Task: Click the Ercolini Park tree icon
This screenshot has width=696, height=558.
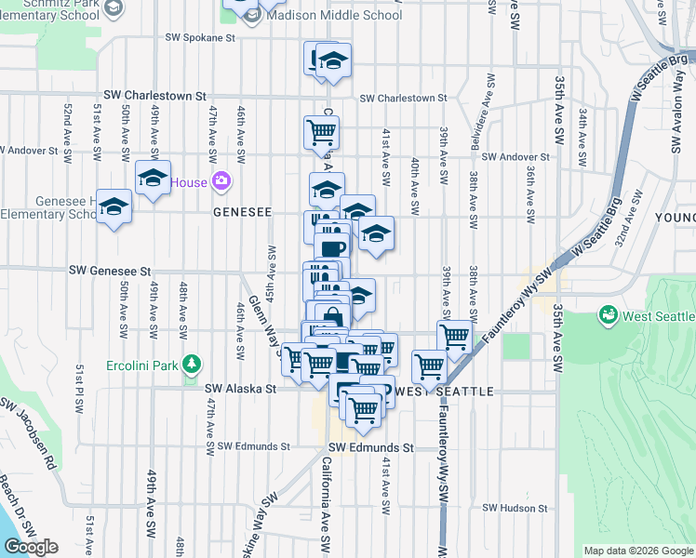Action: pyautogui.click(x=192, y=363)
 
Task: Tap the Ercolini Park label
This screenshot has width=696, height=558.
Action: pyautogui.click(x=143, y=363)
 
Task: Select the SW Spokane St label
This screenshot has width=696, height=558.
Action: pyautogui.click(x=200, y=38)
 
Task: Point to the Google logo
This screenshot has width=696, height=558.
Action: pyautogui.click(x=31, y=547)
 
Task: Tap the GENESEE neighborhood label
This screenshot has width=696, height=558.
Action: pyautogui.click(x=242, y=212)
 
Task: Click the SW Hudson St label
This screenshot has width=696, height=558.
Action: pyautogui.click(x=515, y=509)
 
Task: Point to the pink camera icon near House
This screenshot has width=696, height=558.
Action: pyautogui.click(x=221, y=180)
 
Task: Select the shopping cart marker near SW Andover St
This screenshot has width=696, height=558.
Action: pyautogui.click(x=321, y=132)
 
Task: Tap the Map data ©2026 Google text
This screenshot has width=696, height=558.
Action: pyautogui.click(x=638, y=551)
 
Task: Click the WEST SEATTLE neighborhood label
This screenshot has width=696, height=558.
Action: pyautogui.click(x=448, y=392)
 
